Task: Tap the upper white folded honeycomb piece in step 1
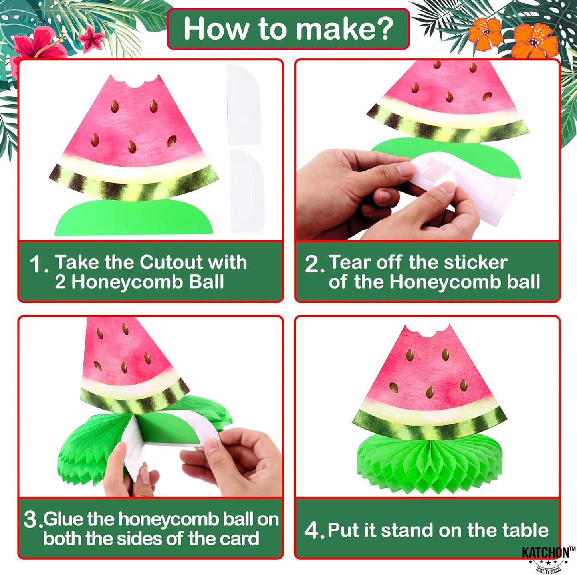[244, 105]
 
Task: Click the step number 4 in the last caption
[312, 530]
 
